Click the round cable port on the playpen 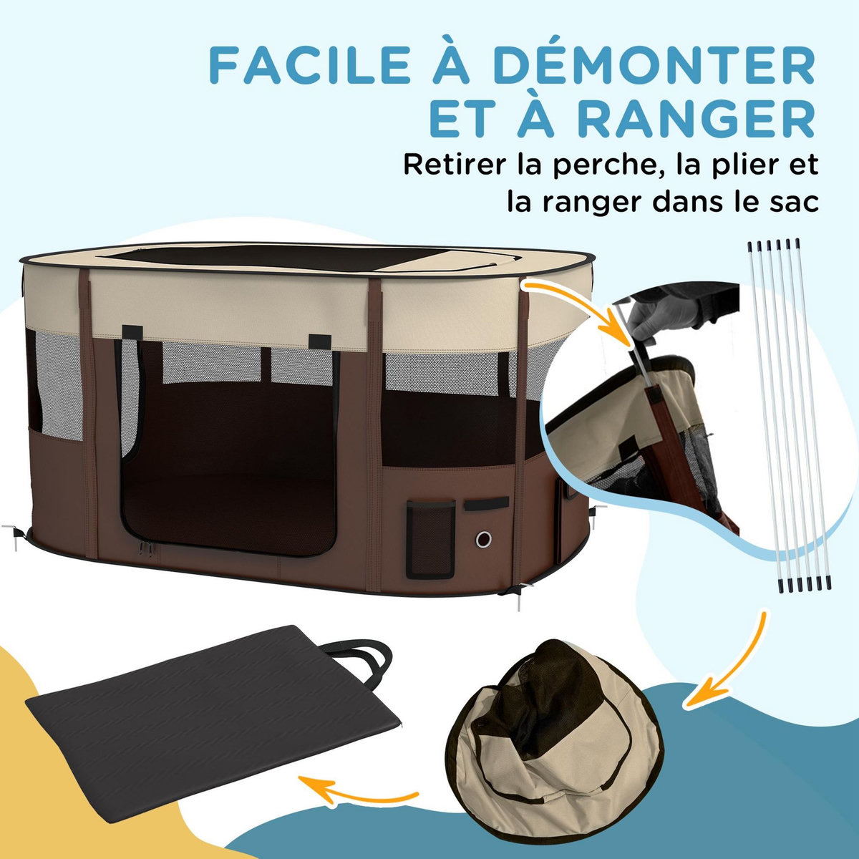coord(485,538)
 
